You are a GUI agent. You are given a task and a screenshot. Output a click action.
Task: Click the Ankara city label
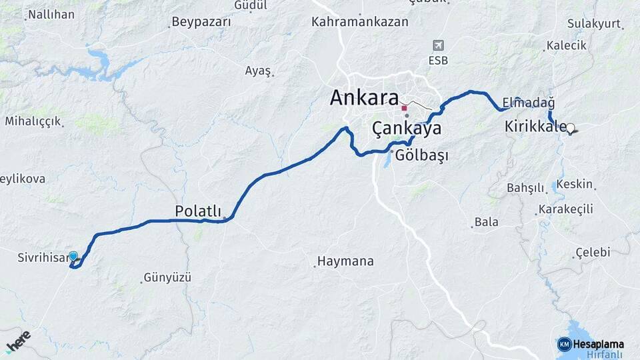[x=364, y=98]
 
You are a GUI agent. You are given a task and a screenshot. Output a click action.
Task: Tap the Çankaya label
[x=406, y=129]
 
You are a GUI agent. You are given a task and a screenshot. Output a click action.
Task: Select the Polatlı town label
[x=197, y=211]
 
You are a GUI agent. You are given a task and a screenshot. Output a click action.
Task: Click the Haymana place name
[x=345, y=261]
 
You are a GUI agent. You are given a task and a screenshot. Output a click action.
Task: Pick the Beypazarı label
[x=201, y=22]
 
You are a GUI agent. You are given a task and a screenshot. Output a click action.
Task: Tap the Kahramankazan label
[x=359, y=22]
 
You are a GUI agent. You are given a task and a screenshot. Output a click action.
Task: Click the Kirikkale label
[x=535, y=126]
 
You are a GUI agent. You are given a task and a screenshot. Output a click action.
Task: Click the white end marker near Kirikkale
[x=571, y=128]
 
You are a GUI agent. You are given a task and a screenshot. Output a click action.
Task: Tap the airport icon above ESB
[x=438, y=45]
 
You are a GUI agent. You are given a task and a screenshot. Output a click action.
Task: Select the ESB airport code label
[x=438, y=61]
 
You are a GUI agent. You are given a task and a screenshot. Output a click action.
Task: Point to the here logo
[x=19, y=341]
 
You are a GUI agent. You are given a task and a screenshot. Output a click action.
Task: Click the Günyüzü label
[x=167, y=277]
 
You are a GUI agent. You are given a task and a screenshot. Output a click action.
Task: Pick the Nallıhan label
[x=51, y=14]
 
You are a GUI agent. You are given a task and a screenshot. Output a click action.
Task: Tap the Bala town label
[x=486, y=222]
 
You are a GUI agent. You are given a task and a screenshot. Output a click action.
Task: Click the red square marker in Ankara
[x=404, y=107]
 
